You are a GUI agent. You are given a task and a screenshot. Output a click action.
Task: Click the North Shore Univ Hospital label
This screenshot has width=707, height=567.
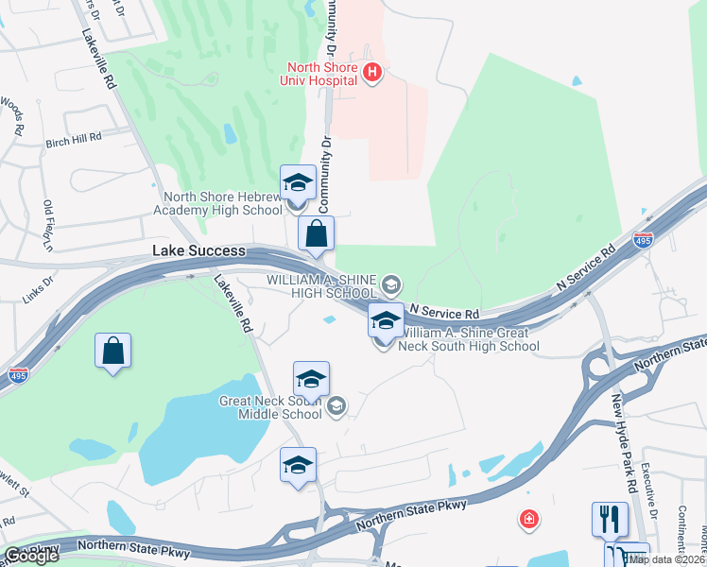[x=322, y=74]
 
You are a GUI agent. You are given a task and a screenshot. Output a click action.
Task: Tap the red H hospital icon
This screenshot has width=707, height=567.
[x=372, y=72]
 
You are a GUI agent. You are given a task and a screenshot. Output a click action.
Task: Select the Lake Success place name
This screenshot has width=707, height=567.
[x=199, y=251]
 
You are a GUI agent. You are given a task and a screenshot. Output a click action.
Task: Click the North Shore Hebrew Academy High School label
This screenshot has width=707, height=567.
[x=222, y=204]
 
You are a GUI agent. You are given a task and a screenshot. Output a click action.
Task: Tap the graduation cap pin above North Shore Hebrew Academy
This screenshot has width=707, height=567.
[x=298, y=183]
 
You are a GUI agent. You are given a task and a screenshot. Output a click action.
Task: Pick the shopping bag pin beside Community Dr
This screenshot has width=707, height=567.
[x=316, y=235]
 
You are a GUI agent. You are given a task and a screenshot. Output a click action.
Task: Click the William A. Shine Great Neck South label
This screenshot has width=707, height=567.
[x=469, y=339]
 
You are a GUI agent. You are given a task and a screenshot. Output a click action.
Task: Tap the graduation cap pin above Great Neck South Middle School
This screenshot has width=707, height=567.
[x=311, y=380]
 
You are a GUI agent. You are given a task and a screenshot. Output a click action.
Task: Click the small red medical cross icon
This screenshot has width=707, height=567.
[x=528, y=519]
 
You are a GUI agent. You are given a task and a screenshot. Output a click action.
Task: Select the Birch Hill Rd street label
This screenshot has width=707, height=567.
[x=74, y=139]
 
